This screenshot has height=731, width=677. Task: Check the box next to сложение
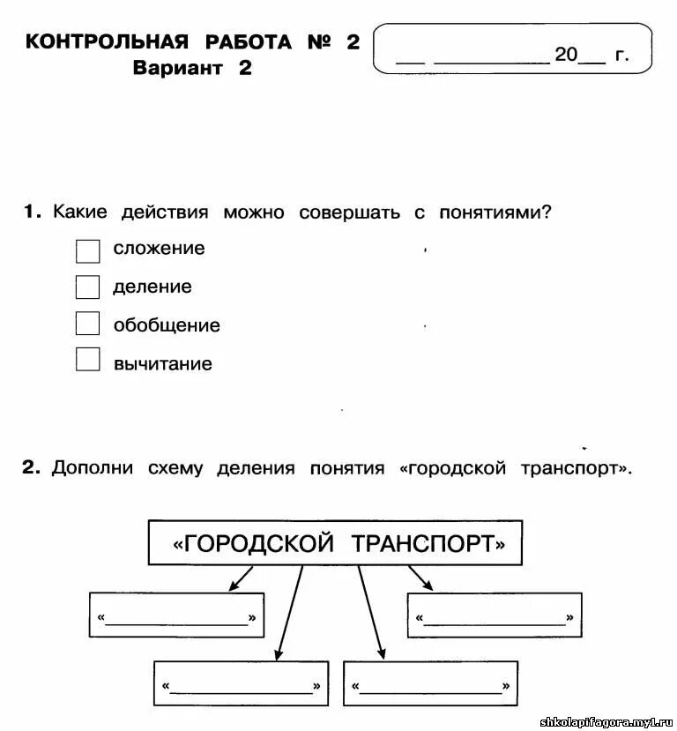88,250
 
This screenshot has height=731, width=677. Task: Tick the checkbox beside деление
88,287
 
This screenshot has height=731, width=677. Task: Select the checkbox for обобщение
88,324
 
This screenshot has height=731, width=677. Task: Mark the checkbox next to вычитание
88,360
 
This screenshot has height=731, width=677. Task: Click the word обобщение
167,325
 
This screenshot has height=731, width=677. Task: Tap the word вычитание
163,363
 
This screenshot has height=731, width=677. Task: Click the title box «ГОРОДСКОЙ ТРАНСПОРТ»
335,542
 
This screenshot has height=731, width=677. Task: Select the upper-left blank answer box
176,615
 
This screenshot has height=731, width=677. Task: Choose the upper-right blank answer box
494,615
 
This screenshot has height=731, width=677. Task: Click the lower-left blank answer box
241,683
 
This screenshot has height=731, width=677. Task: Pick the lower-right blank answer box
430,683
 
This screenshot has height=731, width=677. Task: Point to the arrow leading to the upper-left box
240,578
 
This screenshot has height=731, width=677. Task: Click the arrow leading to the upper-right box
420,578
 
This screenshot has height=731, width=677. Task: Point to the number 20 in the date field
565,56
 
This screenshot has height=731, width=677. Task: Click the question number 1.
32,213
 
